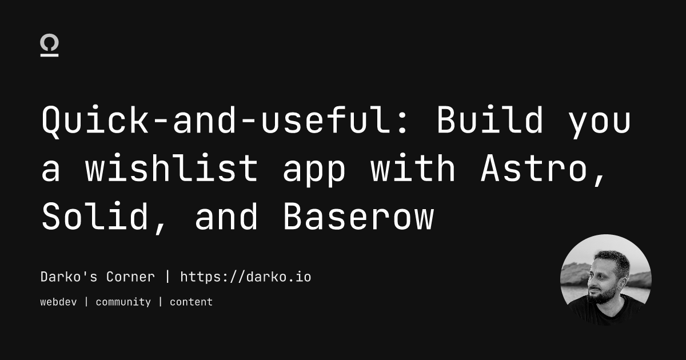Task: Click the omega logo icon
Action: click(x=50, y=46)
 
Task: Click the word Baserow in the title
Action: click(x=358, y=218)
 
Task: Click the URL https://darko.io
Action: click(x=246, y=277)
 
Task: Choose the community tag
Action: click(x=123, y=302)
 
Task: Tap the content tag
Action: click(x=191, y=302)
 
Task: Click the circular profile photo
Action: click(x=606, y=279)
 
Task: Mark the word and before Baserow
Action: click(x=226, y=218)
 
